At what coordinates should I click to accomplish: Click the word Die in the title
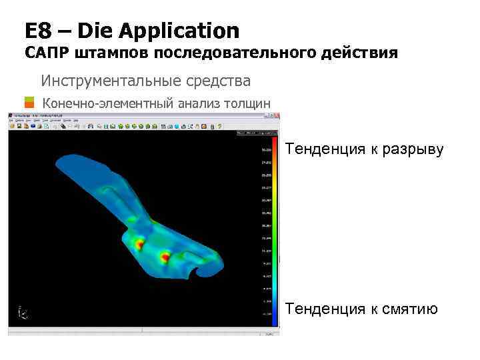coord(94,31)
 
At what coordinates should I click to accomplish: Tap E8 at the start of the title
coord(37,31)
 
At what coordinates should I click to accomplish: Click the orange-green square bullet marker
coord(29,103)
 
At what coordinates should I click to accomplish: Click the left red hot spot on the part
coord(139,245)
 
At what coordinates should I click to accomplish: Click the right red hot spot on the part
coord(165,255)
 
